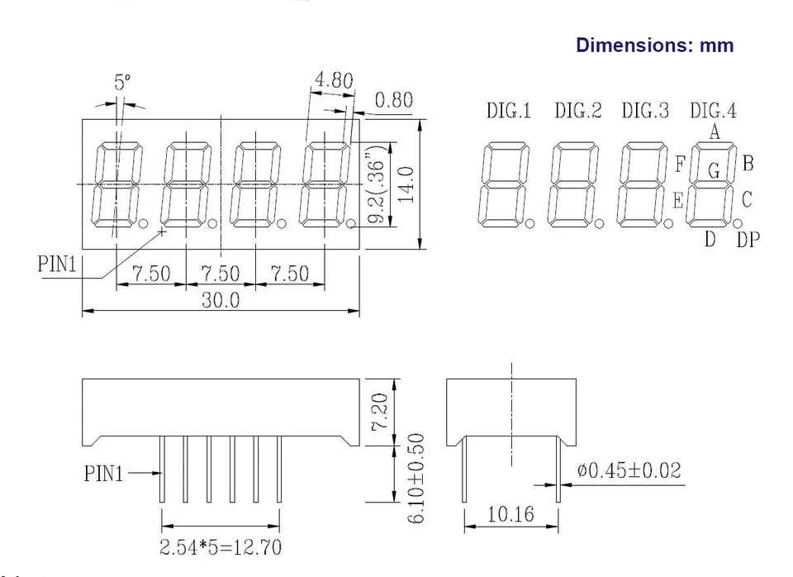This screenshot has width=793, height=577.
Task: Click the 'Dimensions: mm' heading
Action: coord(654,45)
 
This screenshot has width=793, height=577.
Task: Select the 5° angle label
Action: coord(122,83)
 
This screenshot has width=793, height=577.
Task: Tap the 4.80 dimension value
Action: coord(333,81)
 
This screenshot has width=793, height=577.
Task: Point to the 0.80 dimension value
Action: coord(393,102)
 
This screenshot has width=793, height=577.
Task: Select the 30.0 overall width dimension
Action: coord(221,300)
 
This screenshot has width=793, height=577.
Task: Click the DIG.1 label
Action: coord(509,111)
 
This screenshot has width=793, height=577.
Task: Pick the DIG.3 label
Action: coord(645,111)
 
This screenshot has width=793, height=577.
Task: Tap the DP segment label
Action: coord(748,240)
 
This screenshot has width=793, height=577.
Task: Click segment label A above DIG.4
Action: coord(715,131)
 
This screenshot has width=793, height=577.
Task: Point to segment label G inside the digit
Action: coord(715,170)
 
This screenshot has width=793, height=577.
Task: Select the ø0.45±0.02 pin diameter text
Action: coord(629,470)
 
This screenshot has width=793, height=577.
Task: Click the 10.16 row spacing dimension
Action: coord(511,514)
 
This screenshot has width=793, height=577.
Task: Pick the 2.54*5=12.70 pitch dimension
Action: coord(220,546)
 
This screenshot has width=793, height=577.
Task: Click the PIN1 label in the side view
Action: coord(103,474)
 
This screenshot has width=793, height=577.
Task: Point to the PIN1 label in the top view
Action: coord(57,265)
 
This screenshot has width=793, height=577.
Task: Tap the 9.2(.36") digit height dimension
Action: coord(377,192)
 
